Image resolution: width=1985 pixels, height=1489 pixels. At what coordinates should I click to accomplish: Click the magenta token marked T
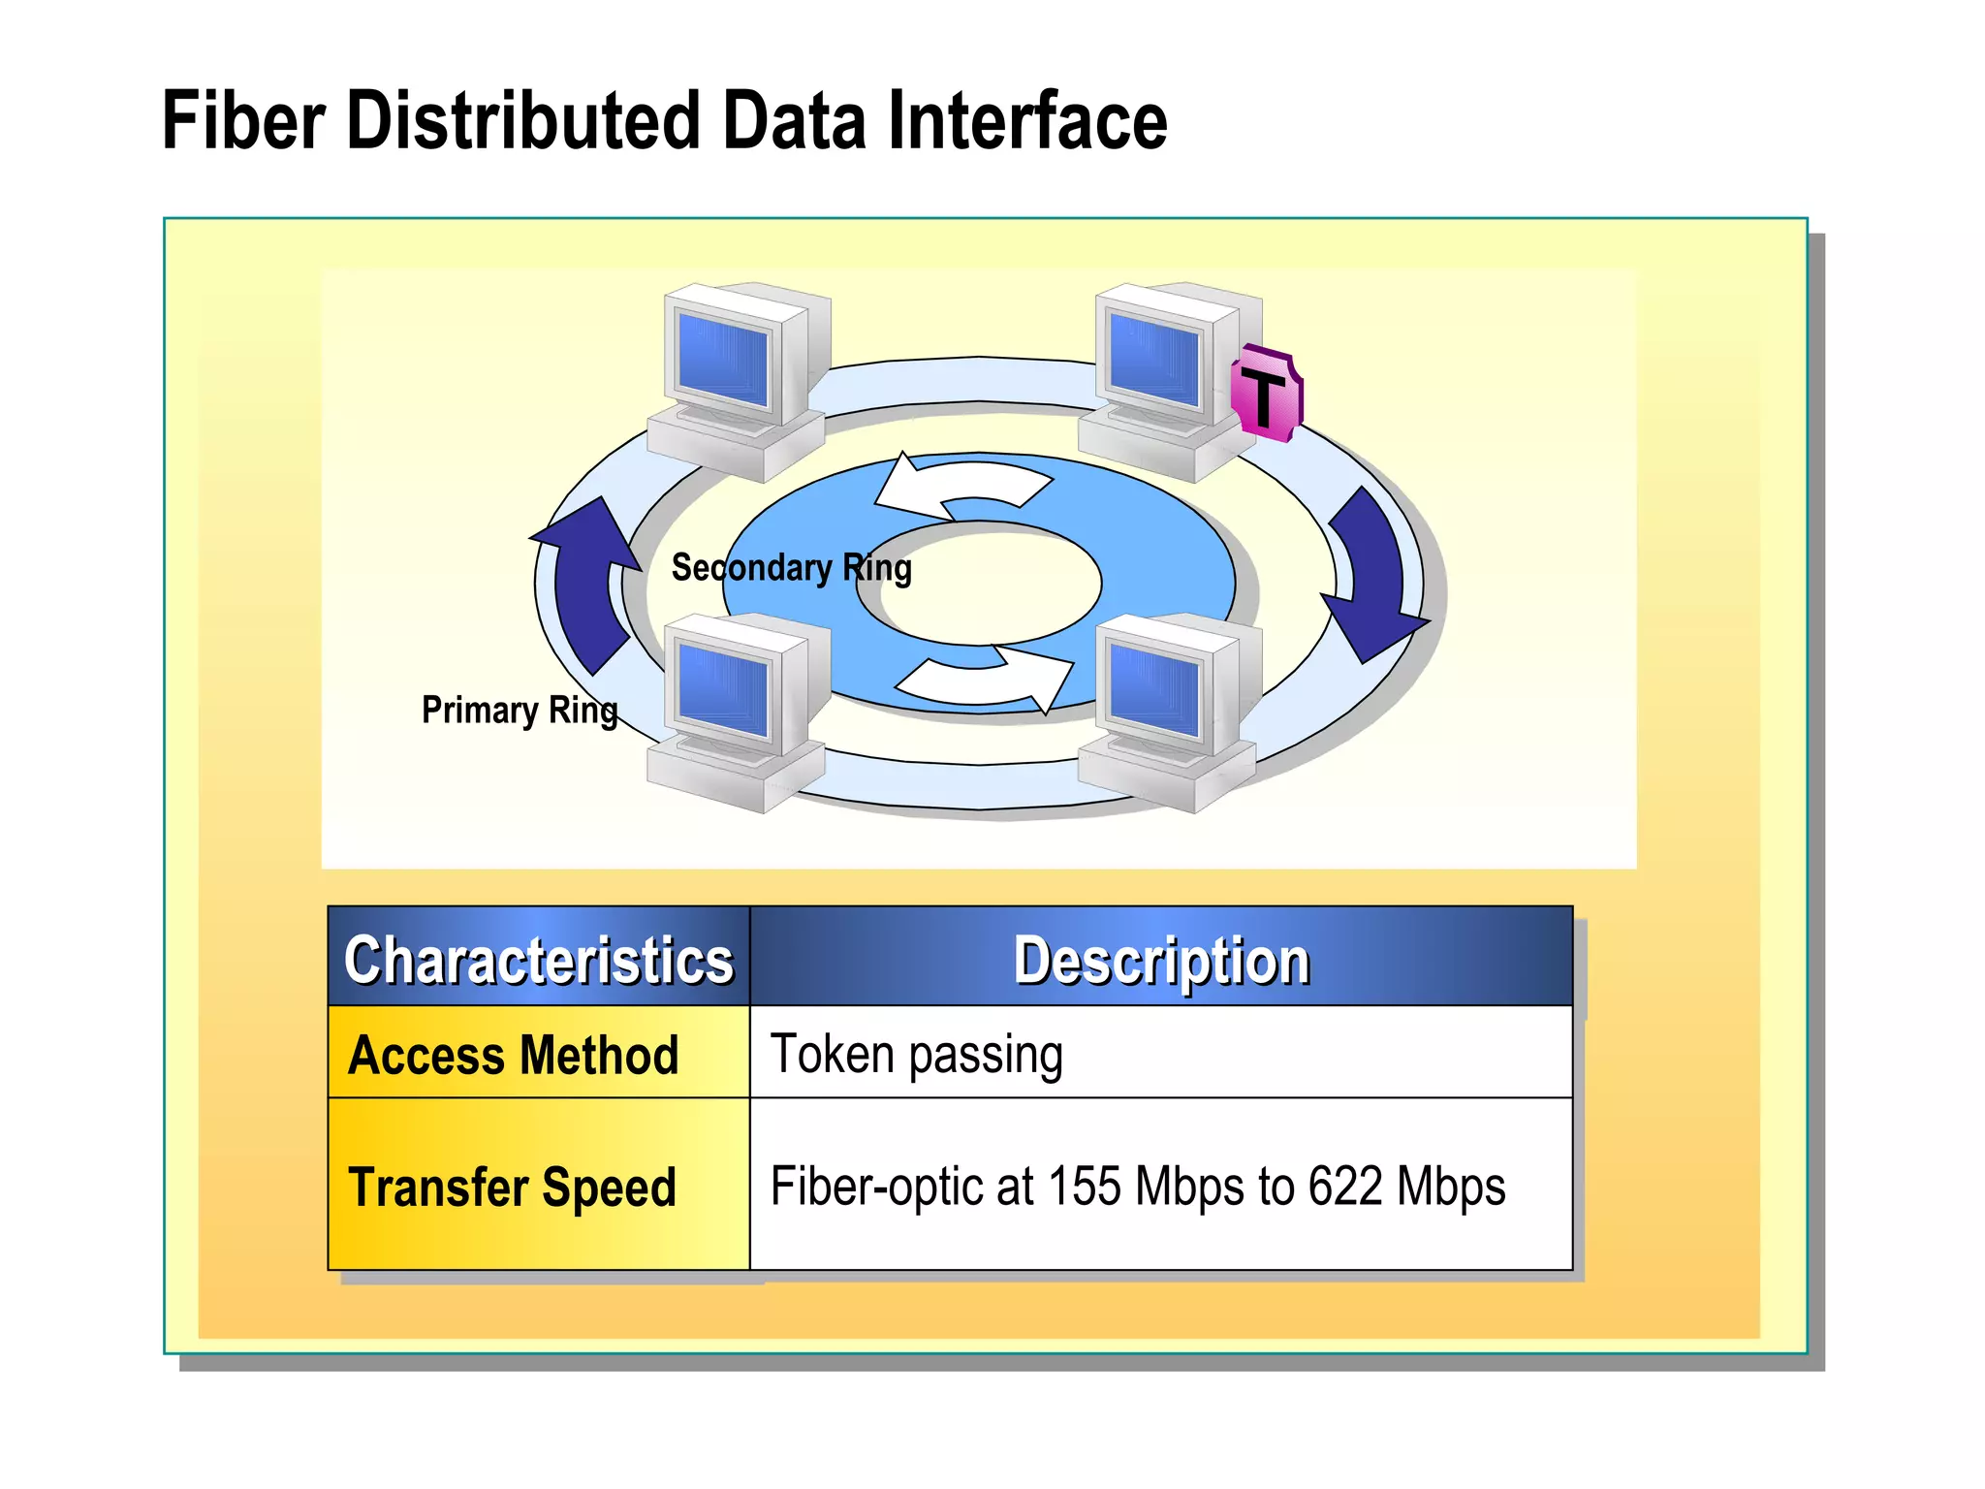pos(1265,395)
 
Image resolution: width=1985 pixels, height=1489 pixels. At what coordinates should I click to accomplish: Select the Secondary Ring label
pos(791,568)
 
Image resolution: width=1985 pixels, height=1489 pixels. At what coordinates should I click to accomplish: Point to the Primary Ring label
pos(520,711)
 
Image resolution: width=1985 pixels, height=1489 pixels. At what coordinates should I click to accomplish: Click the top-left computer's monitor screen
pos(723,359)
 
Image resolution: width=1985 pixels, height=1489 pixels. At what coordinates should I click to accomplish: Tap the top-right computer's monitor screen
pos(1154,359)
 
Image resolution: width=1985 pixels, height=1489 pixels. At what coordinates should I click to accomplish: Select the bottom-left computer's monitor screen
pos(723,689)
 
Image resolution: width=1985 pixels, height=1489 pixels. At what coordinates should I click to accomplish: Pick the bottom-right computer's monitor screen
pos(1154,689)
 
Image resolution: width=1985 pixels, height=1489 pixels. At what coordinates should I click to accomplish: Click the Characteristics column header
pos(539,960)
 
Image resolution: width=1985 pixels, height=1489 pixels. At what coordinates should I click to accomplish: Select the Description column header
pos(1161,960)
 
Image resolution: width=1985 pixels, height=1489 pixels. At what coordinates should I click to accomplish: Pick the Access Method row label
pos(514,1055)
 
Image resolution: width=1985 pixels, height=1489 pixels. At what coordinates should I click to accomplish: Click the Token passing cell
pos(916,1055)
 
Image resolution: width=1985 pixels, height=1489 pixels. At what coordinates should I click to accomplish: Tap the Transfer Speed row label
pos(512,1187)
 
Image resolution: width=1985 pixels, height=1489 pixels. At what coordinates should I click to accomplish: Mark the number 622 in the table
pos(1344,1187)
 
